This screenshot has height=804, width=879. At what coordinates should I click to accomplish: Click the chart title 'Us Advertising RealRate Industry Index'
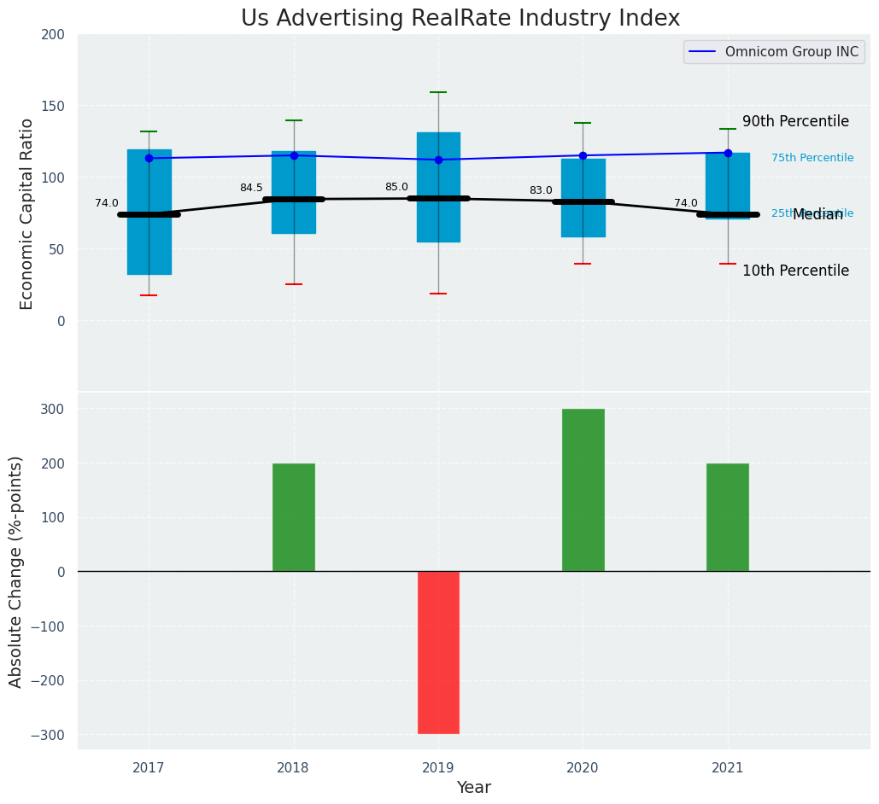point(460,19)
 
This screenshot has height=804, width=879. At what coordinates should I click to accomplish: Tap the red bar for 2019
point(438,652)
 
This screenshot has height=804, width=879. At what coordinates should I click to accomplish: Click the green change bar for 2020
point(583,490)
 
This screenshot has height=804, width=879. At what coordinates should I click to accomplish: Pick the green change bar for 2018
point(294,517)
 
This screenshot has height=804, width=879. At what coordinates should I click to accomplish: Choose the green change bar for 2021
point(728,517)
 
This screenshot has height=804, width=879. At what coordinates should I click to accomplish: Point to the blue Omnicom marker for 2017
point(149,158)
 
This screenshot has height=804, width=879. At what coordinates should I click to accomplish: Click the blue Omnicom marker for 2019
point(438,160)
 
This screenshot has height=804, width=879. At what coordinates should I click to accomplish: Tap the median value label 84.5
point(251,188)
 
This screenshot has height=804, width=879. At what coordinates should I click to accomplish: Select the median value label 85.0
point(396,187)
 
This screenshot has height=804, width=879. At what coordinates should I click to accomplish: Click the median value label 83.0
point(541,190)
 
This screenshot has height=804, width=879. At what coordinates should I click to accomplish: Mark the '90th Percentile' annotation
point(795,122)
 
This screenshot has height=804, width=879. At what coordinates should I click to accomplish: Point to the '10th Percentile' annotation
point(795,271)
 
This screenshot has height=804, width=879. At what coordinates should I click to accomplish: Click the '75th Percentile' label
point(812,158)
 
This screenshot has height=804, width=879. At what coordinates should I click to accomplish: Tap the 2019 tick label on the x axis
point(438,768)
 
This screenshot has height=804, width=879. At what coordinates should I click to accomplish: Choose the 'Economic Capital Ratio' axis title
point(26,213)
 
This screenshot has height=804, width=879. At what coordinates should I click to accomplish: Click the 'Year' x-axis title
point(473,788)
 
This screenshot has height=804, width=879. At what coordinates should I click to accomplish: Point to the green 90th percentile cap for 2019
point(438,92)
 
